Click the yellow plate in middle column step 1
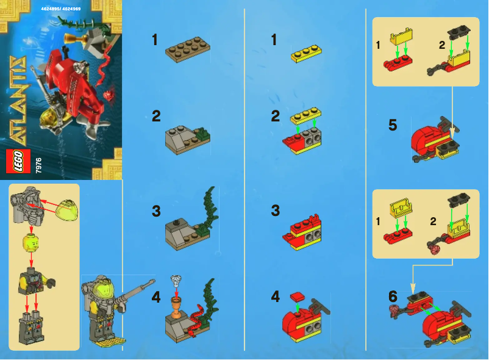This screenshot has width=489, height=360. (307, 54)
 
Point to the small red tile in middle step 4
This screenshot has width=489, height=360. (297, 297)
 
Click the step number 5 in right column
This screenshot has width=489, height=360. (393, 126)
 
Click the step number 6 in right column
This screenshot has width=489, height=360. (393, 297)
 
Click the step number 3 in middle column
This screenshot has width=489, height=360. (275, 211)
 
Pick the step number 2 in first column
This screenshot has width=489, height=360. (156, 116)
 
